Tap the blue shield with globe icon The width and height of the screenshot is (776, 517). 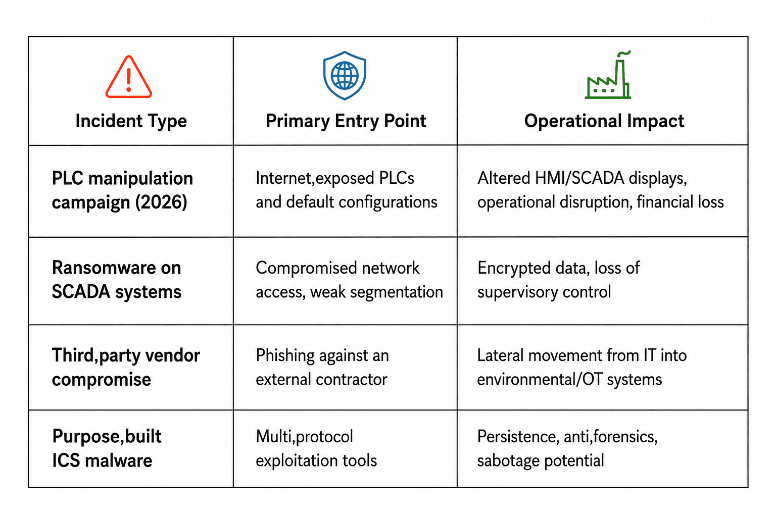(345, 76)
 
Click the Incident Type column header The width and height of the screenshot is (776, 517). (131, 121)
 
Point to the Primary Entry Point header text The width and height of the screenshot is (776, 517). (346, 121)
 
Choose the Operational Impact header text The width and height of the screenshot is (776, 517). (604, 121)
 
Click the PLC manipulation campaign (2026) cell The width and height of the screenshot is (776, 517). (122, 190)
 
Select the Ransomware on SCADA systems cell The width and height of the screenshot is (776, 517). (116, 279)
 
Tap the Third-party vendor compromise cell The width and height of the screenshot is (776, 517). (126, 368)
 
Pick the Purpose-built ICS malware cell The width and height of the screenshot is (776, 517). (107, 448)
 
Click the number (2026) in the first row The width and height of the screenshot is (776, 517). (161, 202)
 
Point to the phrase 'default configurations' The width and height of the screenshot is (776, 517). (362, 202)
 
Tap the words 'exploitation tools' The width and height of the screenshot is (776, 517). (316, 461)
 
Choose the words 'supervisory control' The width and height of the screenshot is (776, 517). (544, 292)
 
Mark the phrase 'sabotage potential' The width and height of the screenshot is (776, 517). (541, 461)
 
